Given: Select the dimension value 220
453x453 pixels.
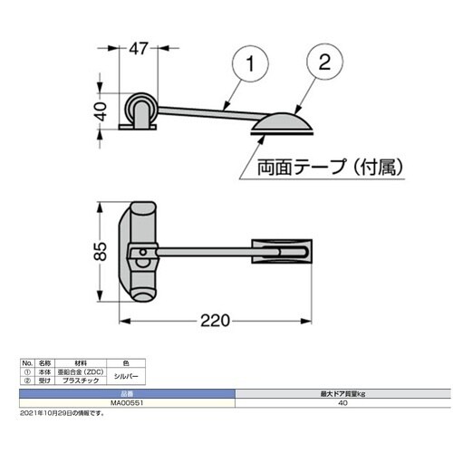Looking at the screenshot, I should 217,321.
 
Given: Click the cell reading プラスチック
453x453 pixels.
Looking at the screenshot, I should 86,380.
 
